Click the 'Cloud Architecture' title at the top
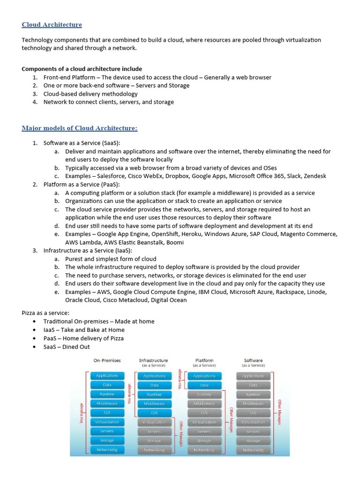click(52, 25)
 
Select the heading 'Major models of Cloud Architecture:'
click(80, 128)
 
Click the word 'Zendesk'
click(315, 176)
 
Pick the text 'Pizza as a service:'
click(45, 313)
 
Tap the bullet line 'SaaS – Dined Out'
click(67, 347)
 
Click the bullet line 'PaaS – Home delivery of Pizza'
click(83, 338)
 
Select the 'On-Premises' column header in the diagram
click(107, 360)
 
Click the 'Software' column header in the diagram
click(253, 360)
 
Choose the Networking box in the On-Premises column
click(107, 450)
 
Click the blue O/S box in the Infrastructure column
click(154, 413)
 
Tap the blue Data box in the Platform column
click(204, 385)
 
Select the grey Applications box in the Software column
click(253, 376)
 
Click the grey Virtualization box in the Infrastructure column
click(154, 422)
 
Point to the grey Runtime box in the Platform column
click(204, 395)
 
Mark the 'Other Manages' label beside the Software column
click(279, 412)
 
